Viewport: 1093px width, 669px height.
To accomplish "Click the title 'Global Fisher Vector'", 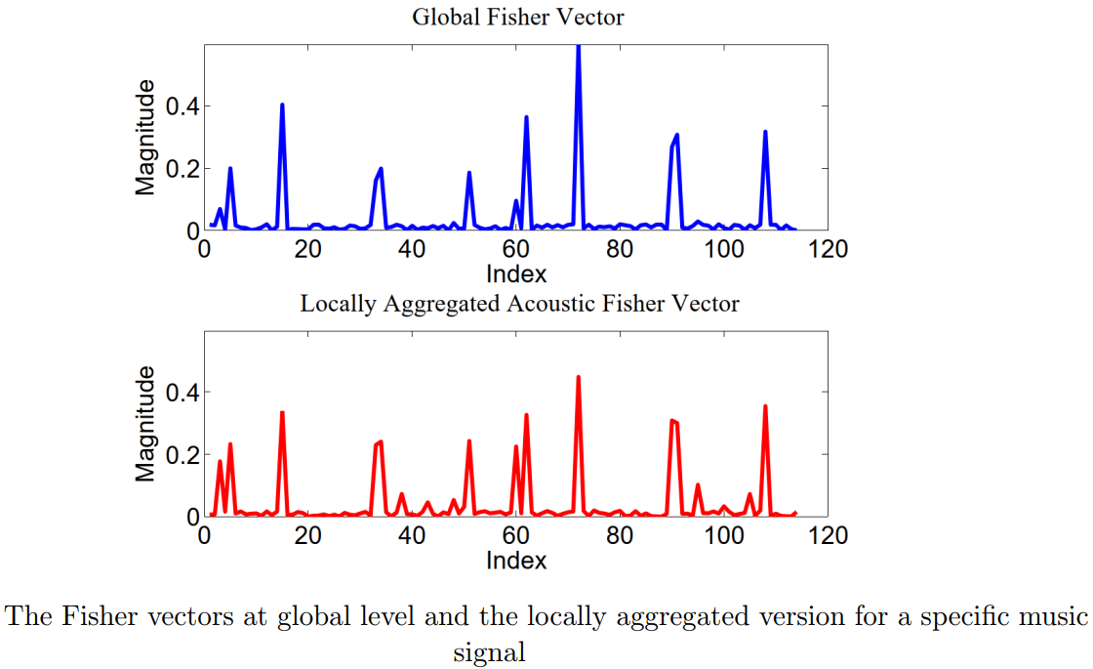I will (x=518, y=17).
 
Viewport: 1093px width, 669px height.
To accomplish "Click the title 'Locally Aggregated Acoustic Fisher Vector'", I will (x=518, y=303).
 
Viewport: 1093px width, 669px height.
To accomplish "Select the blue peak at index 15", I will (x=282, y=105).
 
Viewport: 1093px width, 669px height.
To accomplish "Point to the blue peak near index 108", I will (x=765, y=132).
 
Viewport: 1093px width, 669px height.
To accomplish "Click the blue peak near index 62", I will (x=526, y=118).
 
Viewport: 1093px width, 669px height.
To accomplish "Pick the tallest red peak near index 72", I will (x=579, y=378).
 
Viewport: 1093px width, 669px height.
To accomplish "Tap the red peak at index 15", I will (x=282, y=413).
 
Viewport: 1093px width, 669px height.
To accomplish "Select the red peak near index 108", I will (x=765, y=407).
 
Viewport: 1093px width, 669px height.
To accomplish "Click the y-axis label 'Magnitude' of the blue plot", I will (x=145, y=138).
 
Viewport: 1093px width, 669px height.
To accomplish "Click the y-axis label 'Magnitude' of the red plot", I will (x=145, y=424).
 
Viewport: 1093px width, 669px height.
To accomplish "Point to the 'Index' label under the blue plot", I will (x=516, y=273).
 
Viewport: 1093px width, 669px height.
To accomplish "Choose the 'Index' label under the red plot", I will (x=516, y=561).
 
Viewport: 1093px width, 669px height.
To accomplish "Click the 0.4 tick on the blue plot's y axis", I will (x=182, y=105).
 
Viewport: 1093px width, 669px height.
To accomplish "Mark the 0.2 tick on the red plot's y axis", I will (x=182, y=454).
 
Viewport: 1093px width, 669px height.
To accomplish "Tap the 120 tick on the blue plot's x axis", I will (x=829, y=249).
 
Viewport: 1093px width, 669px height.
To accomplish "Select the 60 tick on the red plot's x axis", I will (x=516, y=535).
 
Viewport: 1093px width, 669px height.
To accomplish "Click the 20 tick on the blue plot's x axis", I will (x=307, y=249).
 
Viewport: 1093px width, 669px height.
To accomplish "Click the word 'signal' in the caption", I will (x=489, y=651).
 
